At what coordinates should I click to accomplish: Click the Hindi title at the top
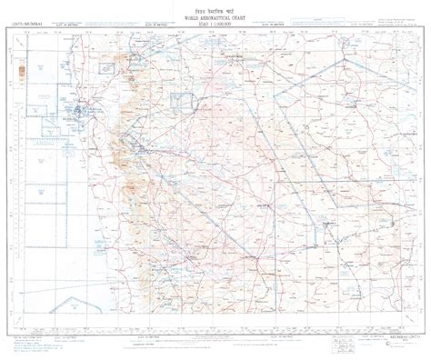215,7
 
